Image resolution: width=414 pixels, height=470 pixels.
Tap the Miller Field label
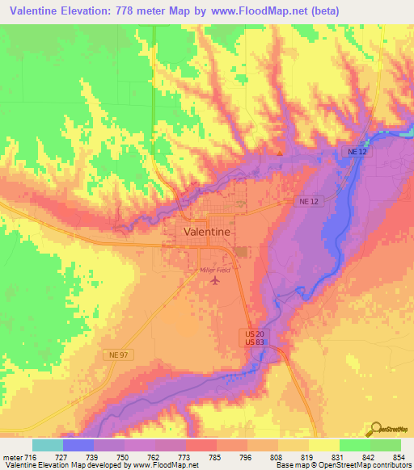[x=214, y=270]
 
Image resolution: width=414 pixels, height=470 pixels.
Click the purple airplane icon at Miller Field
[x=214, y=281]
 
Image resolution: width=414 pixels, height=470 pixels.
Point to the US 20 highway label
[x=255, y=334]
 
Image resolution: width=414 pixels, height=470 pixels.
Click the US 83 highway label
[x=255, y=342]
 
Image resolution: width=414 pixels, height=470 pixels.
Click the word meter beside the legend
[x=13, y=457]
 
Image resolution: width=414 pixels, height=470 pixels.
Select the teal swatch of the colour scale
[x=47, y=445]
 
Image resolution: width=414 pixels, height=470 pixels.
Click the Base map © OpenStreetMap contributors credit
[x=341, y=465]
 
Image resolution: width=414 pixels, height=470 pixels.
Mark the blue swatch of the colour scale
[x=78, y=445]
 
